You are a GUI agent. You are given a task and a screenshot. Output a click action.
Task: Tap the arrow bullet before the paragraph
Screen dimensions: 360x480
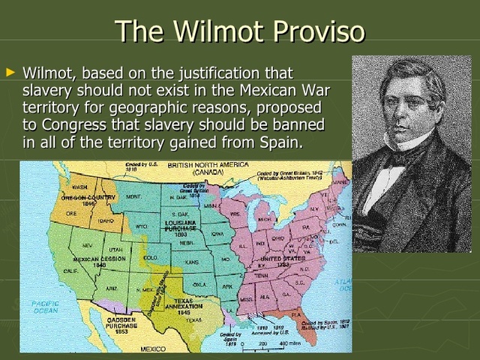pyautogui.click(x=10, y=73)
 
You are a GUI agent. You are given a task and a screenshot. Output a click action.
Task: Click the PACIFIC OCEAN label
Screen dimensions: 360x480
pyautogui.click(x=45, y=306)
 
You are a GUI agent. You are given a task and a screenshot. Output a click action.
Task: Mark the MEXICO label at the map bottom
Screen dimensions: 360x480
pyautogui.click(x=154, y=349)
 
